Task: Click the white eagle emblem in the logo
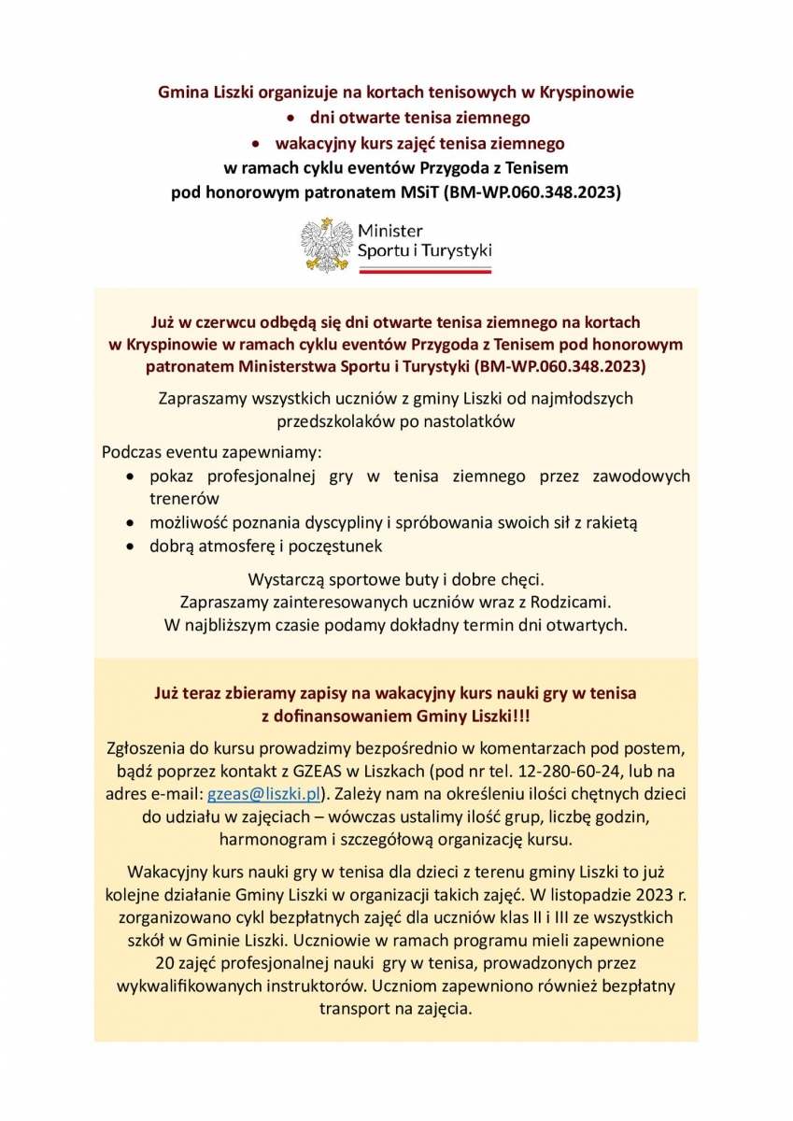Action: point(324,245)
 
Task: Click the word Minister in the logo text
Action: point(390,230)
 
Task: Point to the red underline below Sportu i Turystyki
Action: point(425,269)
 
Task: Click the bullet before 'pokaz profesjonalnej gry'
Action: point(130,477)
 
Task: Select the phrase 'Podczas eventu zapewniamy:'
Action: point(211,453)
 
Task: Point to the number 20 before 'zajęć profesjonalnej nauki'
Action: point(163,962)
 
